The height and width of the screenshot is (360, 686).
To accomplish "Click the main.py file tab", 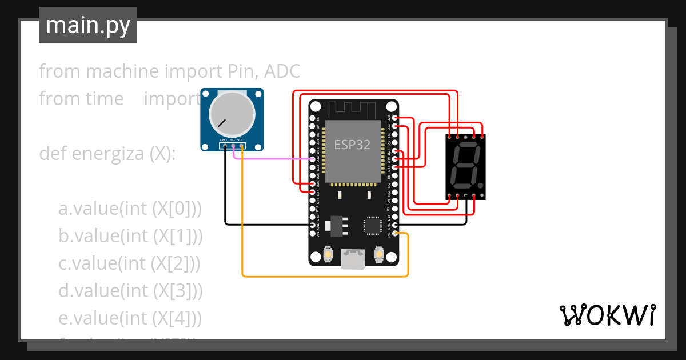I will click(87, 25).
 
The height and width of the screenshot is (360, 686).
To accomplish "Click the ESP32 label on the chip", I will click(352, 145).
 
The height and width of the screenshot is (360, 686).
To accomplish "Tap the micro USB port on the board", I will click(353, 258).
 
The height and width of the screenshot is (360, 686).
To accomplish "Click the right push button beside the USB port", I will click(378, 254).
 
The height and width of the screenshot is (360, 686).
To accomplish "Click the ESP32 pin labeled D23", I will click(395, 118).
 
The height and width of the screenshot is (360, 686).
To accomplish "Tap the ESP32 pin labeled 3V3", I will click(395, 233).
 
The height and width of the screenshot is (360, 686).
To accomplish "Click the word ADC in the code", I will click(281, 71).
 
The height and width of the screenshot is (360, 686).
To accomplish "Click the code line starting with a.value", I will click(130, 209).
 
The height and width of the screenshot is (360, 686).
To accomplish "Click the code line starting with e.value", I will click(130, 318).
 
